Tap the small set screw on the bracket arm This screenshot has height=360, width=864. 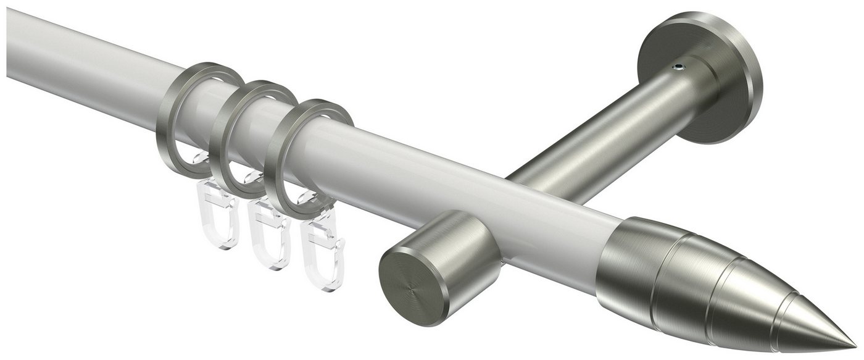point(679,64)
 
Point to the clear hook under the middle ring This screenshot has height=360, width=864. point(268,238)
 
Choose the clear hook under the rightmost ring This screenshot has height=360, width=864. point(321,259)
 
